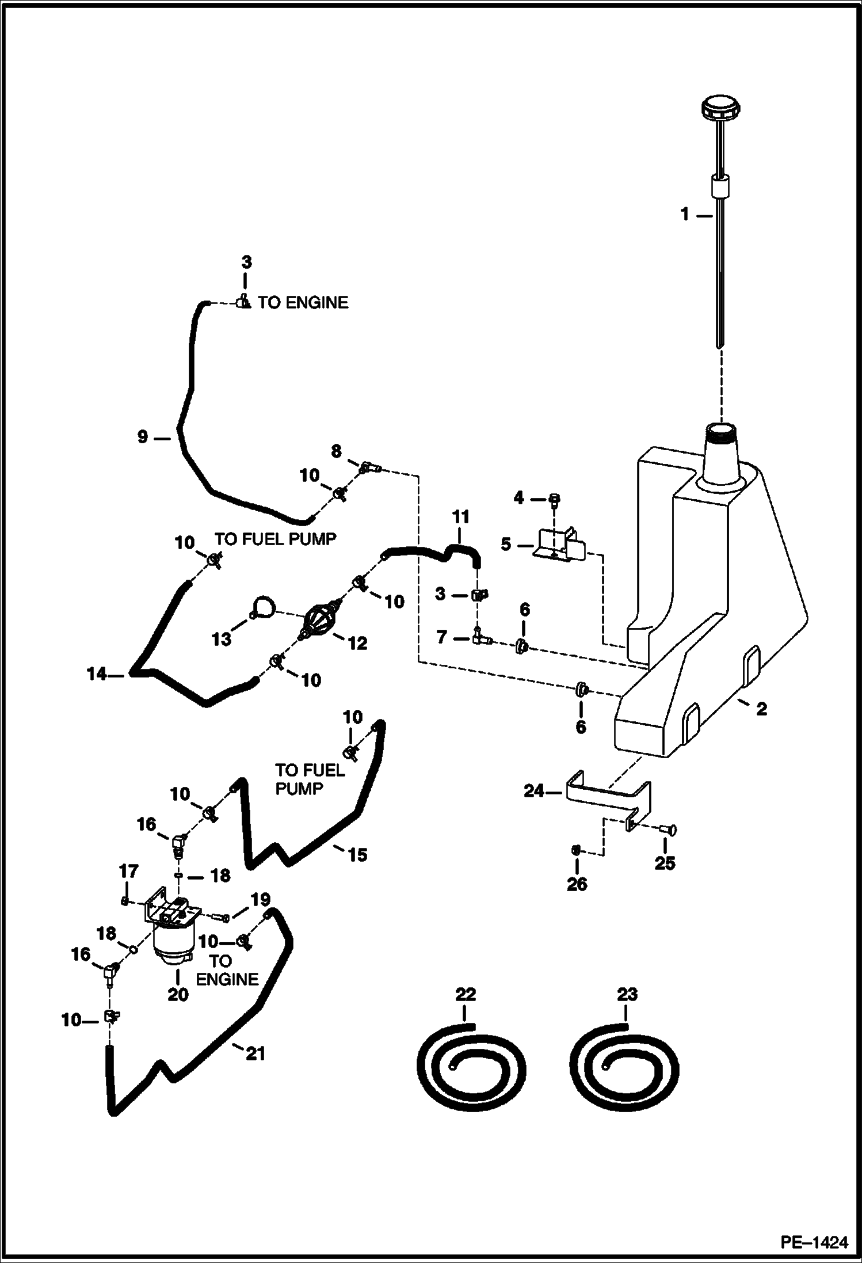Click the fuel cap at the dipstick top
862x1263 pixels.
[720, 108]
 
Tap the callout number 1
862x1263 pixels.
[685, 215]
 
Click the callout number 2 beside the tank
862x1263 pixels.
[761, 709]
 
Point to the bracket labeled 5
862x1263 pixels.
[558, 545]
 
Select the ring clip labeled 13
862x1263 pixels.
[264, 607]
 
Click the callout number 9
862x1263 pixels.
[143, 438]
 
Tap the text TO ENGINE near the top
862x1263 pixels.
[303, 303]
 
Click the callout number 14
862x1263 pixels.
[97, 674]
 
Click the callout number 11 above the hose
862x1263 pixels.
[461, 517]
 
